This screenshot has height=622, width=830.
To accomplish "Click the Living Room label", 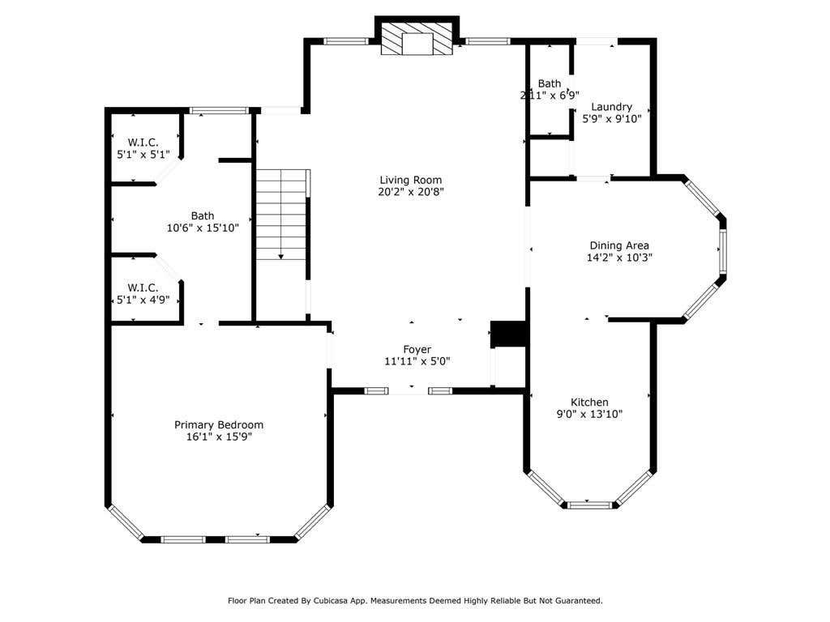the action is point(411,180).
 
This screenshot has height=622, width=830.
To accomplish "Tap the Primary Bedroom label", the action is point(219,425).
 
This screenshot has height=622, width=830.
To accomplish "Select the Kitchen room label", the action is point(589,403).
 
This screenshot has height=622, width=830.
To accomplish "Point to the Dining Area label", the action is point(619,246).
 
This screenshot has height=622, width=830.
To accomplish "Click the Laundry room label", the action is point(611,108).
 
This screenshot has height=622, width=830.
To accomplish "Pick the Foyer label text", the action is point(417,350).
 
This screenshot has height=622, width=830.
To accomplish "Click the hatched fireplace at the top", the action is point(417,39).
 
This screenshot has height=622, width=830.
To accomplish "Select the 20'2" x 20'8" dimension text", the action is point(411,192).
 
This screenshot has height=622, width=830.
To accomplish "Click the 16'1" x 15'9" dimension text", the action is point(219,437).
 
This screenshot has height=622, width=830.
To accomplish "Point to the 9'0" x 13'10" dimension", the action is point(589,414).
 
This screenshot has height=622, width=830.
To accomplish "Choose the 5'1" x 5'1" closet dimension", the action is point(143,155).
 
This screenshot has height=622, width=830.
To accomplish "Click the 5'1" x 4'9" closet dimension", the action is point(143,300).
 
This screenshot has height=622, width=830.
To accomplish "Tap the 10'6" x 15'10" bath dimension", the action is point(203,228).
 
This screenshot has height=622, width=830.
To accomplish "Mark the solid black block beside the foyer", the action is point(508,334).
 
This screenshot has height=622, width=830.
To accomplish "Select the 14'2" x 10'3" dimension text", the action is point(619,258).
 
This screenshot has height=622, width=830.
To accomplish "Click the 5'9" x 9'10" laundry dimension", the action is point(611,119).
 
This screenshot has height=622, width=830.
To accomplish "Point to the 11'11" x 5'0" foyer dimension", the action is point(417,361).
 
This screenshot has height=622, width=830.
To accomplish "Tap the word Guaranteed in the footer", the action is point(577,601).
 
